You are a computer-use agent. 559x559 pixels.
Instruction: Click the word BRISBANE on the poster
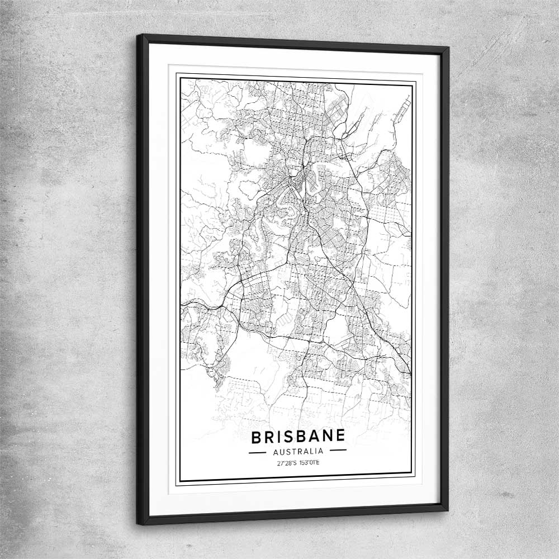pyautogui.click(x=298, y=437)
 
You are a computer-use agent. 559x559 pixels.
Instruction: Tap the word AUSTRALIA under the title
pyautogui.click(x=298, y=451)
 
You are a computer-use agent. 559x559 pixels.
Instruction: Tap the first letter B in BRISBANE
pyautogui.click(x=256, y=437)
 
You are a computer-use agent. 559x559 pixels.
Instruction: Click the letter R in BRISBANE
pyautogui.click(x=269, y=437)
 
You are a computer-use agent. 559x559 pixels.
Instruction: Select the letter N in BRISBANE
pyautogui.click(x=326, y=437)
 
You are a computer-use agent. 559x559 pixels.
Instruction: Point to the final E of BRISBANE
pyautogui.click(x=340, y=437)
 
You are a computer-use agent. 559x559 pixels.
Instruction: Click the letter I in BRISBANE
pyautogui.click(x=278, y=437)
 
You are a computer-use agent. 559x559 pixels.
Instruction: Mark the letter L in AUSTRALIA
pyautogui.click(x=311, y=451)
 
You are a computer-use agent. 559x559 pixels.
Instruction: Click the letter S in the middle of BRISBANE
pyautogui.click(x=287, y=437)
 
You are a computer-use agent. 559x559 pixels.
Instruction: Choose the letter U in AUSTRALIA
pyautogui.click(x=281, y=451)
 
